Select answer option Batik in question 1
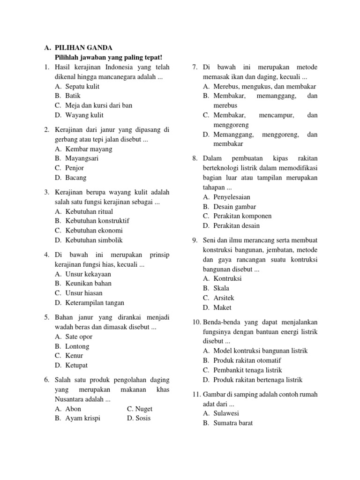(x=73, y=96)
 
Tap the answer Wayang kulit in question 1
(x=84, y=115)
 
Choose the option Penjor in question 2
(x=75, y=168)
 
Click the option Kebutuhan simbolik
(x=94, y=240)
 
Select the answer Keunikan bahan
(x=88, y=283)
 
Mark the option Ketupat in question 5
(x=77, y=365)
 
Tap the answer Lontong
(x=77, y=346)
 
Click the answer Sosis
(x=143, y=418)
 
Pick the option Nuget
(x=144, y=409)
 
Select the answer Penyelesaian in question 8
(x=232, y=197)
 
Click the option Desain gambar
(x=234, y=207)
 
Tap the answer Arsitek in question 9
(x=224, y=298)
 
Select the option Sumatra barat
(x=233, y=423)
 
